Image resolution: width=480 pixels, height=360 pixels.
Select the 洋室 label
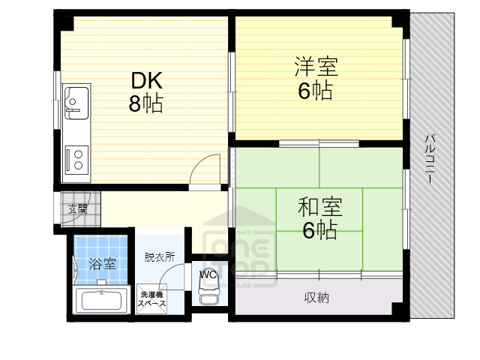[x=315, y=67]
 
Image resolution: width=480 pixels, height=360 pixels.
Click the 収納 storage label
[x=316, y=298]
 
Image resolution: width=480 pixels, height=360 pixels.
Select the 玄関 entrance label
[x=77, y=208]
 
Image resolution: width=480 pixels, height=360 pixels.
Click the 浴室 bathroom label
[x=102, y=263]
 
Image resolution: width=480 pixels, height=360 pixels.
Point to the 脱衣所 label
[x=160, y=256]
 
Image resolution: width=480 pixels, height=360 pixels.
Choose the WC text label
[x=208, y=274]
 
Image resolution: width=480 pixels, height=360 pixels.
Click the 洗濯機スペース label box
[x=151, y=298]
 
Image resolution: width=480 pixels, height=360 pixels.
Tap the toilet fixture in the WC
[x=208, y=297]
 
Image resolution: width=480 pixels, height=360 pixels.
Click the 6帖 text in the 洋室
[x=315, y=91]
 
